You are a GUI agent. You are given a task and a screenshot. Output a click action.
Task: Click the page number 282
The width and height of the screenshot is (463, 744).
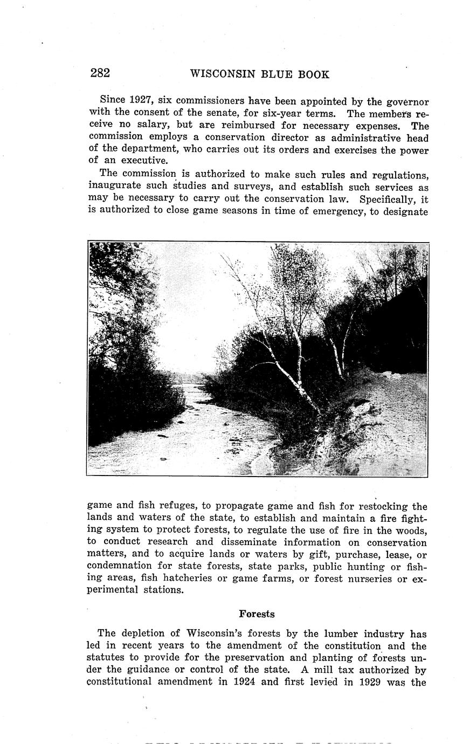click(100, 74)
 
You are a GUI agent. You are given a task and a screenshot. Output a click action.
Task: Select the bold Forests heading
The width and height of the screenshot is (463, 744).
click(257, 614)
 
